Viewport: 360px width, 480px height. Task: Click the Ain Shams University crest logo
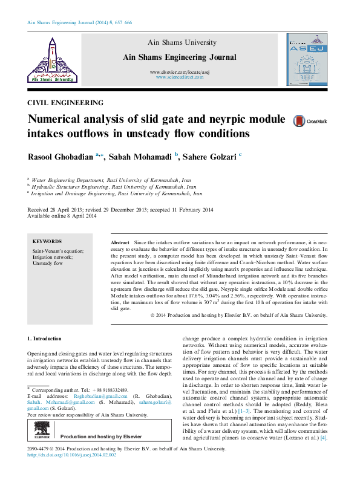51,59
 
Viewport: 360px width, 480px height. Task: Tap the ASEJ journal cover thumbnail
307,59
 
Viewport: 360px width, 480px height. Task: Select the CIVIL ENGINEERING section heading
65,103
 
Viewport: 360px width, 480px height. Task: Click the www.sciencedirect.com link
179,78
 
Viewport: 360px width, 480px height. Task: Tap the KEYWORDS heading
46,241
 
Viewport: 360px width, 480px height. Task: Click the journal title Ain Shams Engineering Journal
179,57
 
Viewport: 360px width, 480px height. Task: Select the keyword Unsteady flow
48,264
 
